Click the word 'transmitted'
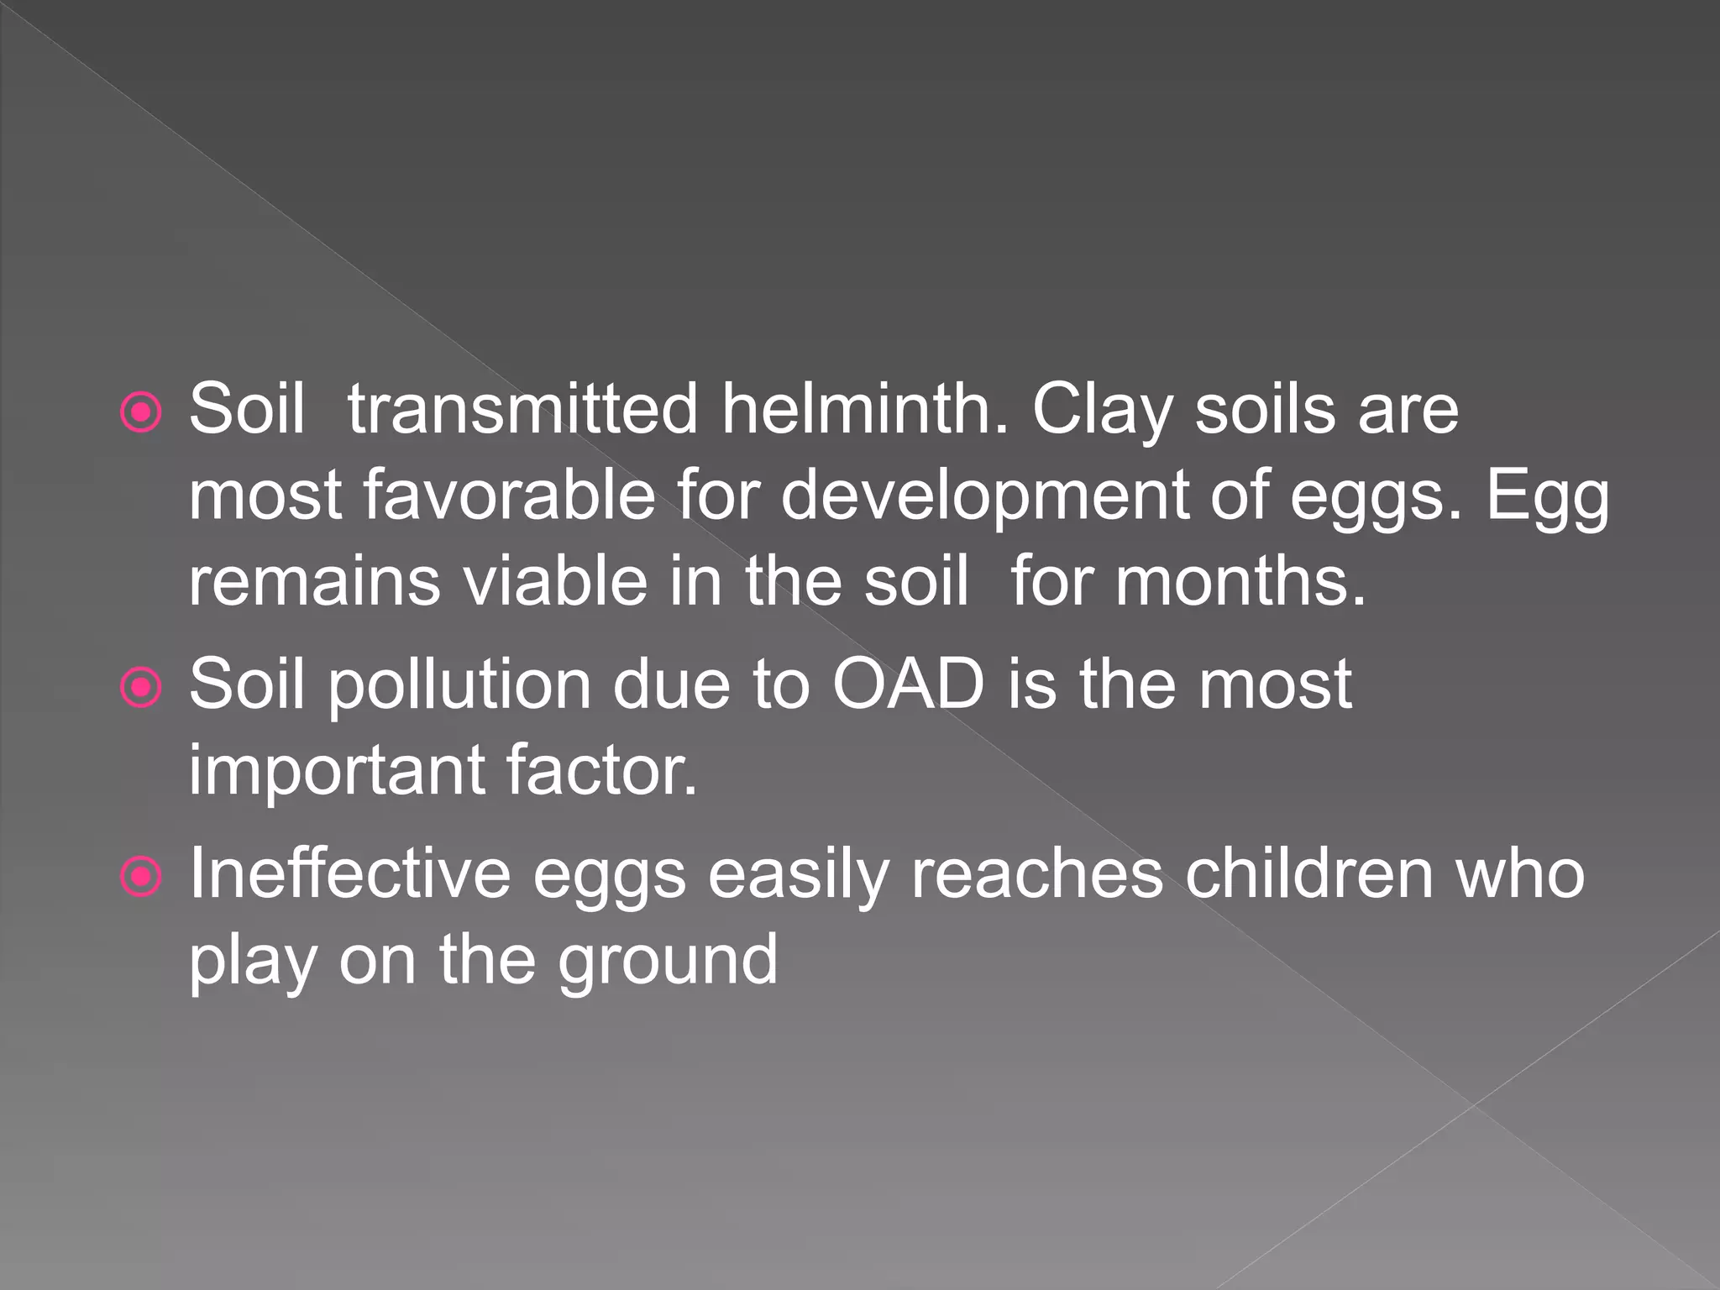click(x=522, y=410)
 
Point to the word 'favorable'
click(x=509, y=496)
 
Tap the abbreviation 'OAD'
click(x=909, y=685)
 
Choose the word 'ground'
click(x=668, y=962)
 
